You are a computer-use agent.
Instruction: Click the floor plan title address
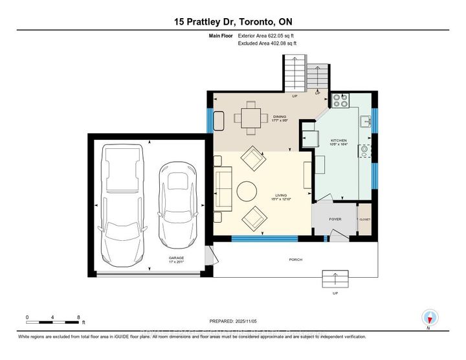[x=232, y=21]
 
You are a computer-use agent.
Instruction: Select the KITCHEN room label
[x=338, y=141]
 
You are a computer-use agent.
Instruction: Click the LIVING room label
[x=281, y=194]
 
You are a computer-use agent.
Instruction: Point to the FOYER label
[x=335, y=219]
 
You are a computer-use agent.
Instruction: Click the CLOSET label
[x=364, y=219]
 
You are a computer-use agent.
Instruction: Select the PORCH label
[x=295, y=260]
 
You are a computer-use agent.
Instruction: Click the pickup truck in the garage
[x=122, y=201]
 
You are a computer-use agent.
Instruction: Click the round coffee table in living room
[x=246, y=191]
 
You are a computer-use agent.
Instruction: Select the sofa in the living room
[x=223, y=190]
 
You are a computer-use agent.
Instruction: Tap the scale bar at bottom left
[x=53, y=319]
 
